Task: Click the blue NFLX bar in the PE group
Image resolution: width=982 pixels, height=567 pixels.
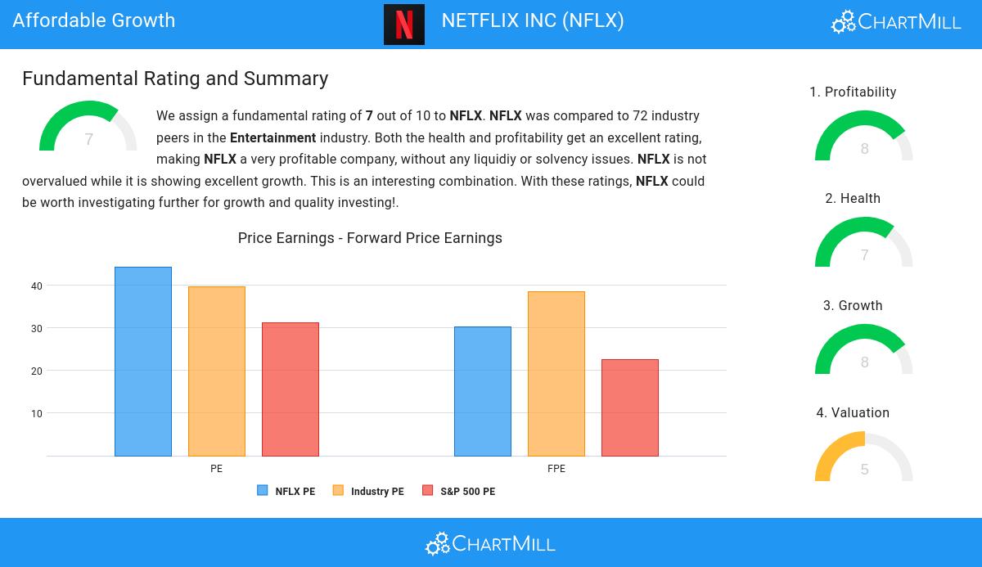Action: pos(143,362)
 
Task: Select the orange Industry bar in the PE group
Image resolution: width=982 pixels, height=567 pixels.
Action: pos(217,371)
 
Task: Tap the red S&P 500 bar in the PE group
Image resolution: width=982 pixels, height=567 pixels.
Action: pos(291,389)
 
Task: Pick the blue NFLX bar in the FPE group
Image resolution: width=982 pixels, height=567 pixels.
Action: pos(483,391)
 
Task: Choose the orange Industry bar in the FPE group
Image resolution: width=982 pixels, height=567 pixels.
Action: pos(556,374)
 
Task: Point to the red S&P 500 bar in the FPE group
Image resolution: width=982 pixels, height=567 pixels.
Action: pos(630,407)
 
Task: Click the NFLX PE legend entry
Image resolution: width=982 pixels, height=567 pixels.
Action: pos(286,491)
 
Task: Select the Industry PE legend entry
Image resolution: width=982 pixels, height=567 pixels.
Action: pos(368,491)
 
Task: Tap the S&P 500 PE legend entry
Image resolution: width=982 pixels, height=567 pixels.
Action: pos(458,491)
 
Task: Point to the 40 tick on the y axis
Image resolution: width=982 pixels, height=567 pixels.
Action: pos(37,286)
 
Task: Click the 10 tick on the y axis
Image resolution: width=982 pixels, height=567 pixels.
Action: pos(37,414)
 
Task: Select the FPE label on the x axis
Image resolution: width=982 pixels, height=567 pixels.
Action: pos(556,469)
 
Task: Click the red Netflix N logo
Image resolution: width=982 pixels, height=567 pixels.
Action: pos(404,25)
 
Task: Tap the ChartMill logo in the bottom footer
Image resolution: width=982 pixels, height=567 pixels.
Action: pos(490,543)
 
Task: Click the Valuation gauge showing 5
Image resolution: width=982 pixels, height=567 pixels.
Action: pos(864,458)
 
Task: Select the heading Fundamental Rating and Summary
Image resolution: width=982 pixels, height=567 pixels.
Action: pos(175,79)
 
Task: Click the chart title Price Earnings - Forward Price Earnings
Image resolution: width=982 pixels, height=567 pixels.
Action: pos(370,238)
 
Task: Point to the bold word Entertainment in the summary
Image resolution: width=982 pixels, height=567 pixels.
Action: pos(273,137)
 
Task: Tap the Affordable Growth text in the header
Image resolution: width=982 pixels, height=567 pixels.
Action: pos(94,20)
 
